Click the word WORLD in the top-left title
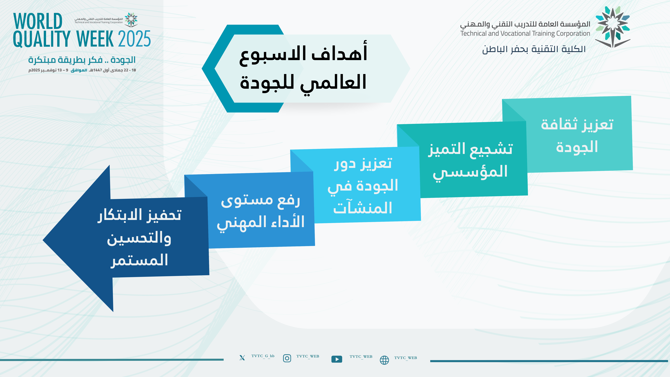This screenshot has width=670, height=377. point(38,21)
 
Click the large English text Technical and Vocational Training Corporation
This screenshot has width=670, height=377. point(525,34)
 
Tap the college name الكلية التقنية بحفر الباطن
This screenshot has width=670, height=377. point(534,49)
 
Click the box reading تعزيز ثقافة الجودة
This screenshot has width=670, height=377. point(577,135)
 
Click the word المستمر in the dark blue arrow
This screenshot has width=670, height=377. point(140,260)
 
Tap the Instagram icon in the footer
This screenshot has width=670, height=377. point(287,358)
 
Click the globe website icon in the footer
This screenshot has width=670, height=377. point(384,360)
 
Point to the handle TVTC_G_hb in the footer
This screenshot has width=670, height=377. point(263,356)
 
